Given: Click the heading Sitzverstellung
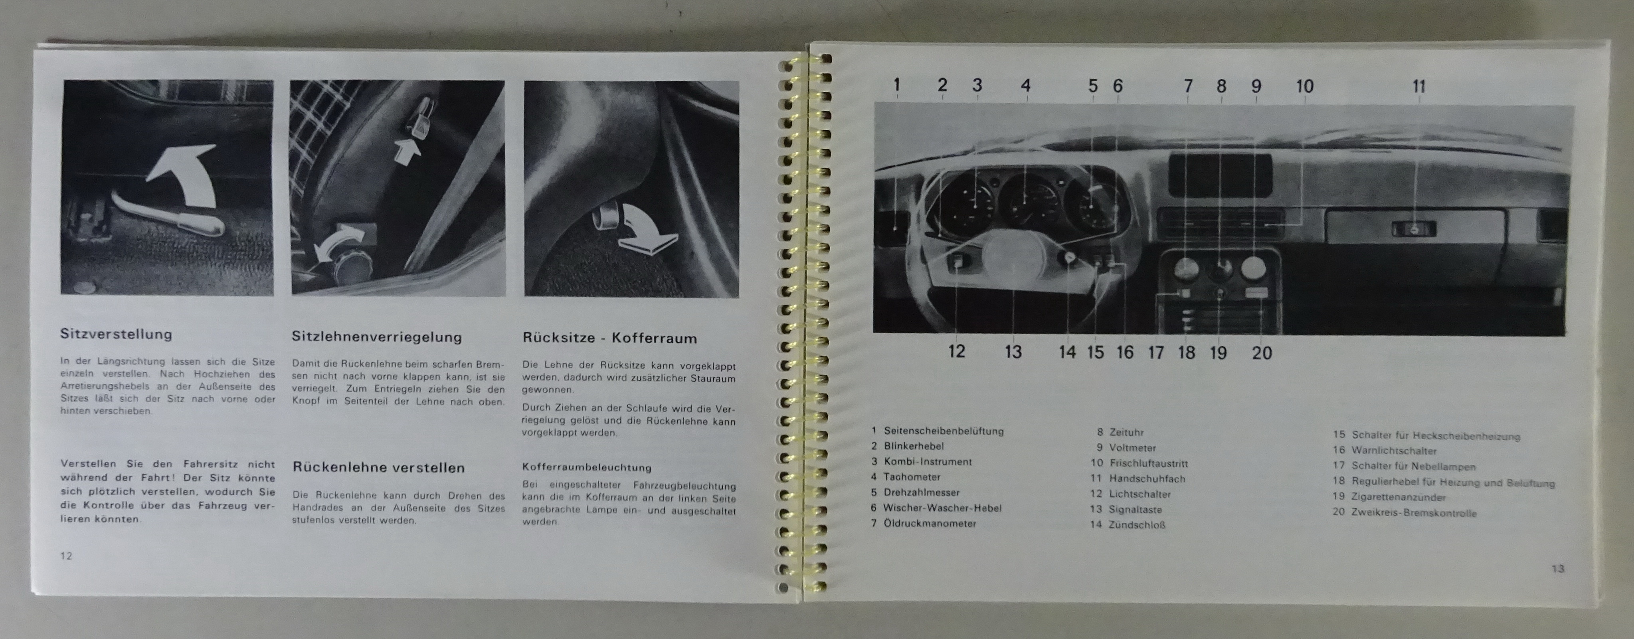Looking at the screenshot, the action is click(x=116, y=334).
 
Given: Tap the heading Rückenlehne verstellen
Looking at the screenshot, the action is click(x=379, y=468).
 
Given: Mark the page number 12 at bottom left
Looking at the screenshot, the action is click(x=66, y=556).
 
